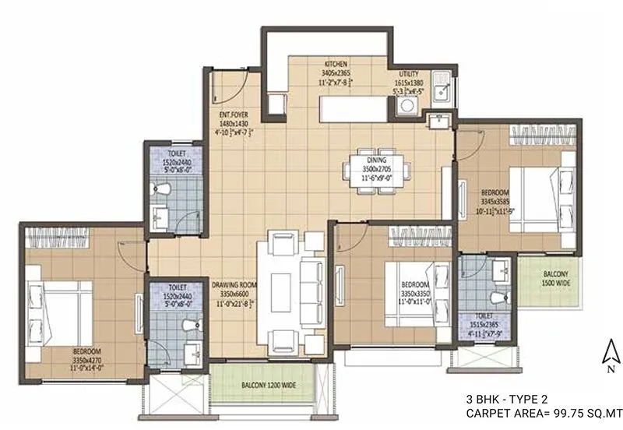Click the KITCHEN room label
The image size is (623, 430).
(336, 62)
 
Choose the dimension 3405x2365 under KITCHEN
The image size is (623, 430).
(336, 71)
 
